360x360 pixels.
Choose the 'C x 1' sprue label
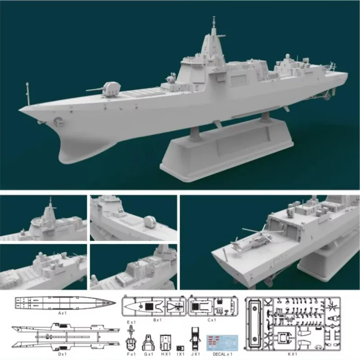[211, 320]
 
